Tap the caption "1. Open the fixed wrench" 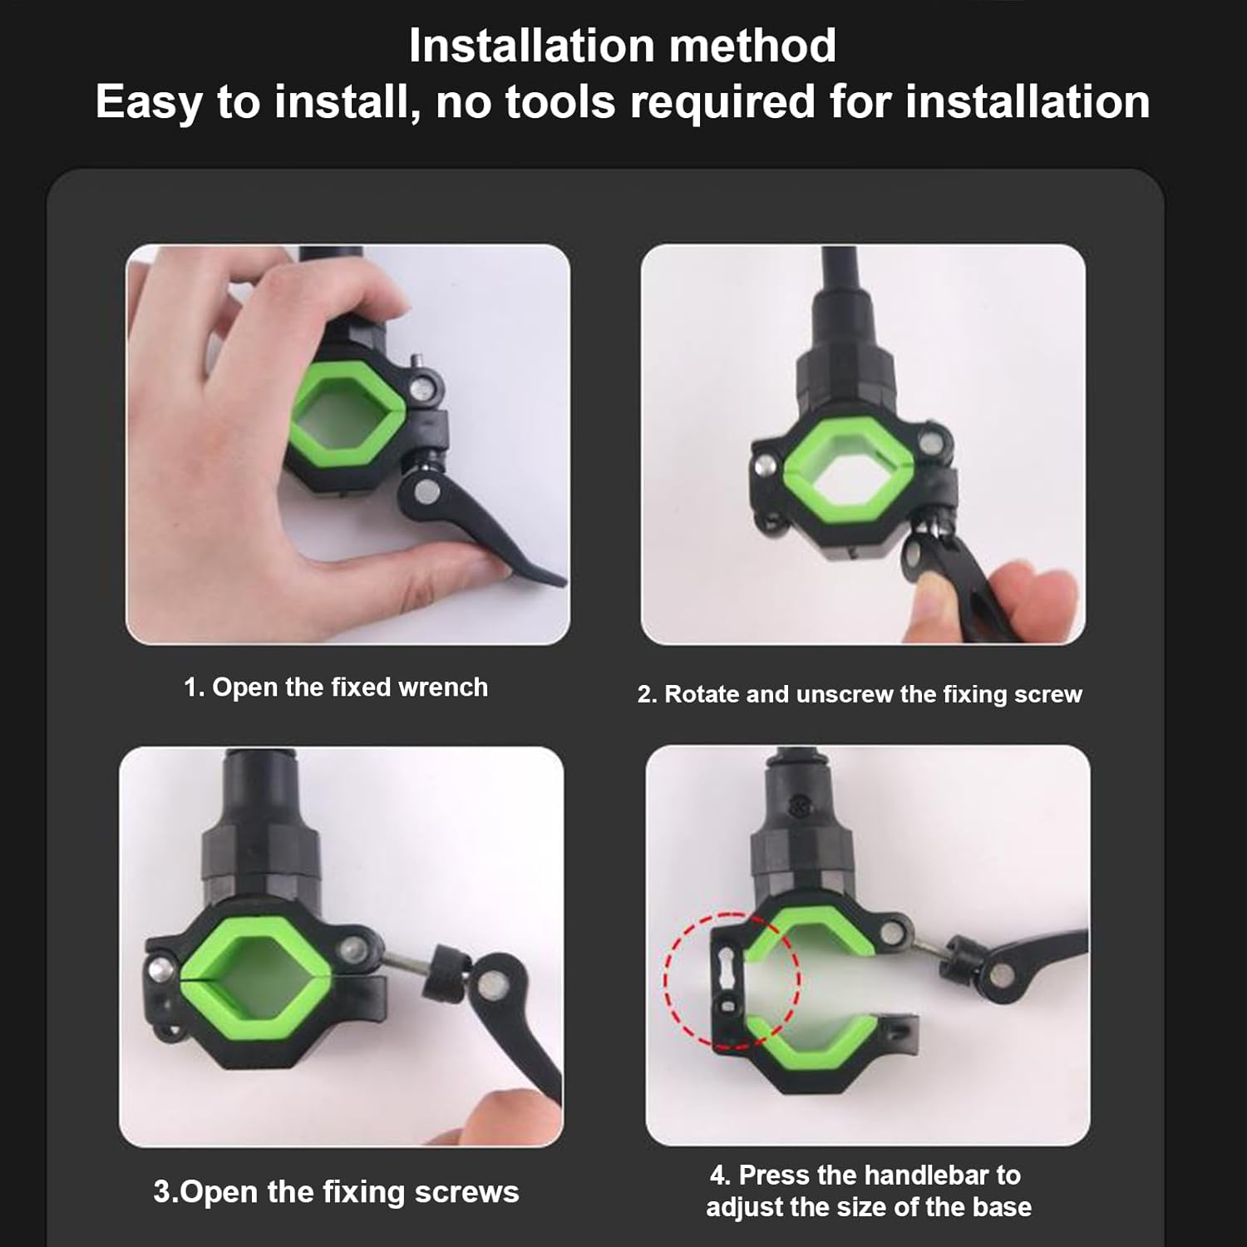(336, 688)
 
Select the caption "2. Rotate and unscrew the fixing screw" (860, 694)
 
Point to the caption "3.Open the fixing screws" (336, 1192)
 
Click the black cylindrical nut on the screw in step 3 (444, 973)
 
